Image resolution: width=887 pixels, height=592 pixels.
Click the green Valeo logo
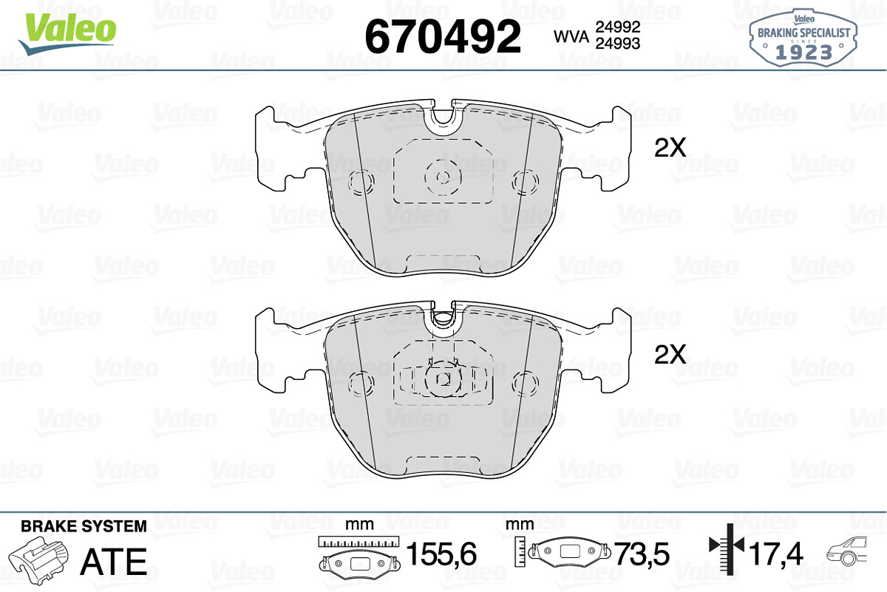click(67, 33)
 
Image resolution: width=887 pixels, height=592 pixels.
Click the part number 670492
click(443, 36)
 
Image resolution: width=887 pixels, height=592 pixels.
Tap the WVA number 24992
click(618, 27)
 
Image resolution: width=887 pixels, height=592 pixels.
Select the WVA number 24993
click(618, 44)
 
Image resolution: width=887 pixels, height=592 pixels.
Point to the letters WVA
click(571, 36)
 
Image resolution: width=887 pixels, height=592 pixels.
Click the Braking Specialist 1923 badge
click(803, 38)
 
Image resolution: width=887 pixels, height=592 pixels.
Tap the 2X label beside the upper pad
click(670, 148)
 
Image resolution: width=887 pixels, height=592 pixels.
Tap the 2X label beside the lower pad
click(670, 354)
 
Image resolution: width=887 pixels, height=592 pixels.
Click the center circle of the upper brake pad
click(443, 178)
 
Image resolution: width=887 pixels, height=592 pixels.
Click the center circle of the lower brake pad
click(443, 379)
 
